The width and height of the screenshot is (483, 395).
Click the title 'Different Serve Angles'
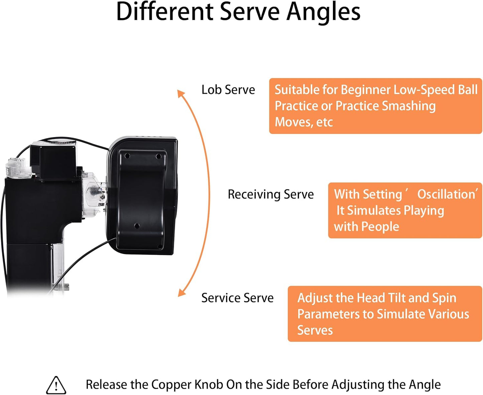click(238, 12)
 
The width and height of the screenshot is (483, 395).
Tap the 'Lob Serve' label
click(228, 90)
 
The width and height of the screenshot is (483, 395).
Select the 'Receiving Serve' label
click(270, 194)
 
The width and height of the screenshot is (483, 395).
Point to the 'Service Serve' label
click(237, 298)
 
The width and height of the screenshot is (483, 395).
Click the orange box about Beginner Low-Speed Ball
click(375, 106)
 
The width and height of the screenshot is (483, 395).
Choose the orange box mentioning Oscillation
click(405, 210)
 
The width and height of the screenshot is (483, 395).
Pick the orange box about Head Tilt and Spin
click(384, 313)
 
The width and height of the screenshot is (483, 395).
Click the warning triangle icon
click(56, 385)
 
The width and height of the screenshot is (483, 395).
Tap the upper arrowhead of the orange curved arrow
click(180, 94)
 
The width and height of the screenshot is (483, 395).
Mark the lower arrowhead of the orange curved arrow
click(182, 293)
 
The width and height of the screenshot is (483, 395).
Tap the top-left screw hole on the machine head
click(127, 156)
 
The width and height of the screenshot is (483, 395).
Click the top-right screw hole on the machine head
click(159, 156)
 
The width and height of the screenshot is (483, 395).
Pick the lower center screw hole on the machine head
click(137, 226)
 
